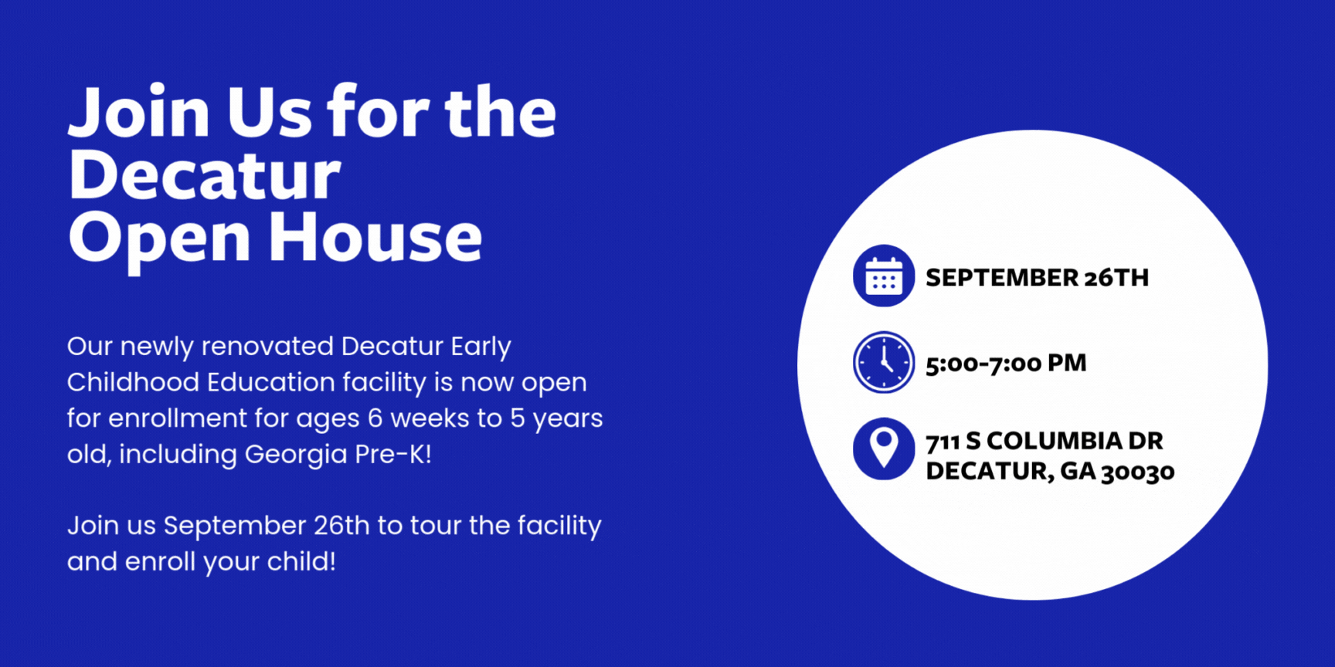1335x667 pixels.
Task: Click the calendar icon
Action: (x=884, y=276)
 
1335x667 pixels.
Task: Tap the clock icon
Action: (x=884, y=362)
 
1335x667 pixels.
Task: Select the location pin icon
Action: (x=884, y=449)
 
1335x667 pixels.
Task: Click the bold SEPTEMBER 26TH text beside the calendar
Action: (x=1037, y=278)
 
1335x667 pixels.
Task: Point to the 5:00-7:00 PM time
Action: (x=1006, y=364)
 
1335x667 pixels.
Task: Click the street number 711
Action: (x=943, y=442)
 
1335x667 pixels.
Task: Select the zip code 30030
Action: (x=1137, y=472)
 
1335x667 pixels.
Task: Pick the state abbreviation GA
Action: (x=1078, y=471)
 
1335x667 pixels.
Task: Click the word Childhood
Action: (x=133, y=382)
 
